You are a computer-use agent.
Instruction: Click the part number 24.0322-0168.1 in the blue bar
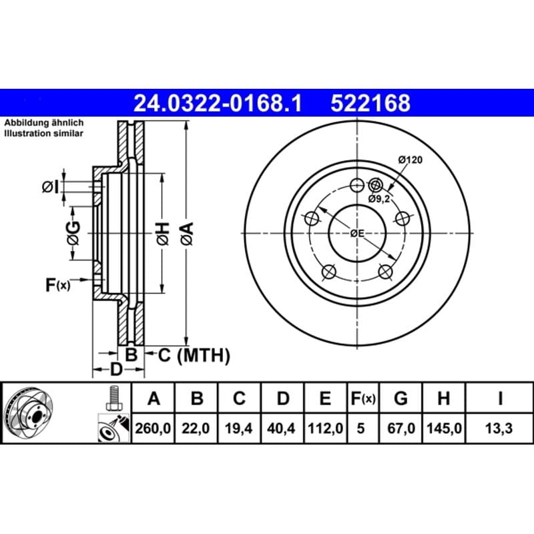pos(218,103)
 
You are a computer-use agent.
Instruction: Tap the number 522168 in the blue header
pos(370,103)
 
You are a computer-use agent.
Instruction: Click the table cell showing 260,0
pos(153,428)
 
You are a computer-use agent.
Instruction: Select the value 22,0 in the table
pos(196,428)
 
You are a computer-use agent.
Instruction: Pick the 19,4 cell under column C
pos(238,428)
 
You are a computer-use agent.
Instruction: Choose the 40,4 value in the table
pos(281,428)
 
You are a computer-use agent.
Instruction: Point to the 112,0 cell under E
pos(325,428)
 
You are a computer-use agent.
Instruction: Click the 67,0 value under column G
pos(401,428)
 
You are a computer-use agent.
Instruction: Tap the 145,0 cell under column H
pos(444,428)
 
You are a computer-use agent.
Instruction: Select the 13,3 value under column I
pos(499,428)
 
